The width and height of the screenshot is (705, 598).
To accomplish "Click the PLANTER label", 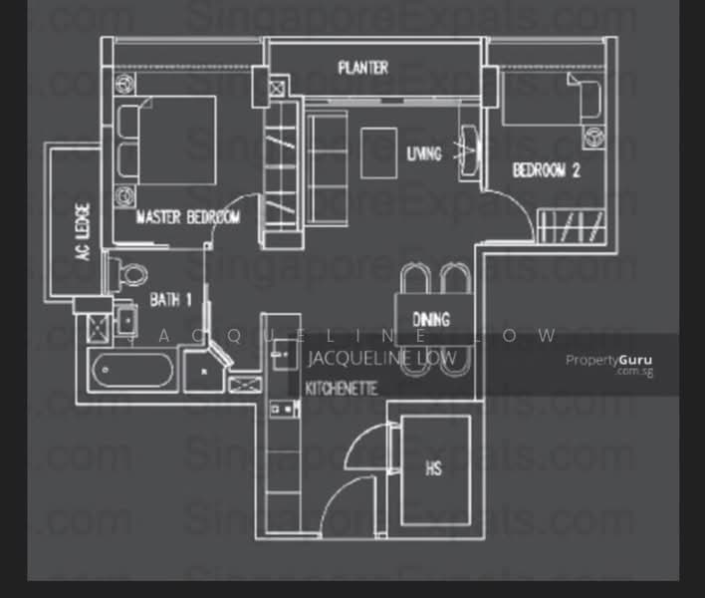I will (x=362, y=68).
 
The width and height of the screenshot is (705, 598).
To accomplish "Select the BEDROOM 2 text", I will (x=546, y=170).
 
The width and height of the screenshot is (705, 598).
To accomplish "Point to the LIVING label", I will (x=423, y=153).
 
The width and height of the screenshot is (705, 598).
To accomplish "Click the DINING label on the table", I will (x=430, y=320).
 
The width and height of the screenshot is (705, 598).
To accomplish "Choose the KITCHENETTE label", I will (x=341, y=388).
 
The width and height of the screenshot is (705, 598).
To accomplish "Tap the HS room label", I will (x=434, y=467).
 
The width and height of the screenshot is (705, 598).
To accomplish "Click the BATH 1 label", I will (x=170, y=298).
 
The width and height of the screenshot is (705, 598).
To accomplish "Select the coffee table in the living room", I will (x=378, y=151).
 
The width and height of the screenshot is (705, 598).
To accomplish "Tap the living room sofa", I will (x=324, y=152).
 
